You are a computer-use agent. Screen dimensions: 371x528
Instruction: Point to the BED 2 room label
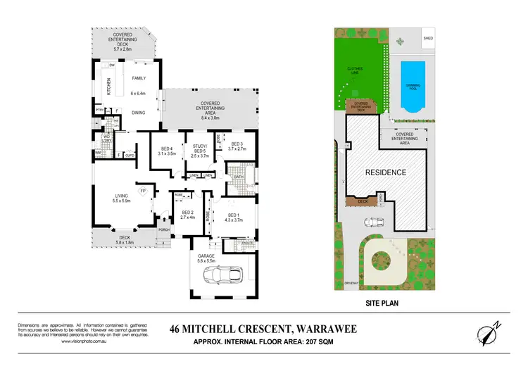(x=187, y=215)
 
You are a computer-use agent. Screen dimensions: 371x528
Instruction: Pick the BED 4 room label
(x=167, y=150)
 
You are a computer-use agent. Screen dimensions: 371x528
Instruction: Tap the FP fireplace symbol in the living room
(x=142, y=190)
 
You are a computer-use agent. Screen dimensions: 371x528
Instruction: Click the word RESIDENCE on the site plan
(x=384, y=172)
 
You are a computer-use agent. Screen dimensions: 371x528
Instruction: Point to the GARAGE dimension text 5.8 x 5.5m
(x=210, y=260)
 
